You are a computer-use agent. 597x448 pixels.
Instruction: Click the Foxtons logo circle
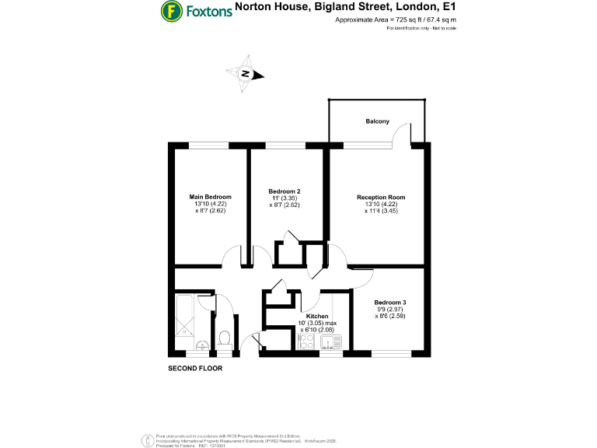tap(171, 11)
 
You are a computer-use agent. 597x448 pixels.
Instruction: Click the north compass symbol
tap(246, 74)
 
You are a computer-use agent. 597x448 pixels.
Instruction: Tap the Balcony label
tap(378, 121)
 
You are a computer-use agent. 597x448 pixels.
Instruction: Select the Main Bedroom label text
tap(211, 197)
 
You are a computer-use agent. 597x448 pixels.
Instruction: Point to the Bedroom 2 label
tap(285, 191)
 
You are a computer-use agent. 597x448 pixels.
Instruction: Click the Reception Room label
tap(381, 197)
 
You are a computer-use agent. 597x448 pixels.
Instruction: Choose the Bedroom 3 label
tap(390, 303)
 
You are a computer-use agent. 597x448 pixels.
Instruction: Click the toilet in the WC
tap(224, 338)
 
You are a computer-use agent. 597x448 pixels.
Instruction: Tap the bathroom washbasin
tap(201, 345)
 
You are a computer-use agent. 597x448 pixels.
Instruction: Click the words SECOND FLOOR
tap(195, 368)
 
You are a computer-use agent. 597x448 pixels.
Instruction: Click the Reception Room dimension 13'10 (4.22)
tap(381, 205)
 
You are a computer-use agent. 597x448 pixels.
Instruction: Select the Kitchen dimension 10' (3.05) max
tap(317, 324)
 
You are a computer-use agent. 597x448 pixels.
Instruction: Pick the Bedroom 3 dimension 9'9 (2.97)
tap(390, 310)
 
